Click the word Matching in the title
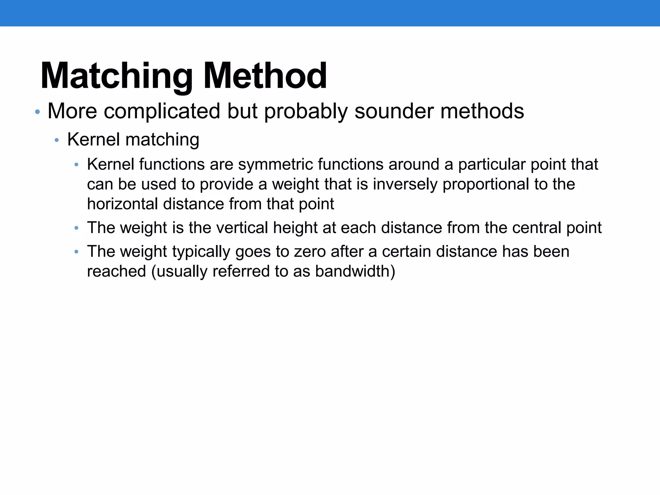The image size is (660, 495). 116,76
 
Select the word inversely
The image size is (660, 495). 405,184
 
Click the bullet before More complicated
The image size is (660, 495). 37,112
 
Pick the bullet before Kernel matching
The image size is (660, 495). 57,140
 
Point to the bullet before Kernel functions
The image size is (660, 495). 76,165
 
